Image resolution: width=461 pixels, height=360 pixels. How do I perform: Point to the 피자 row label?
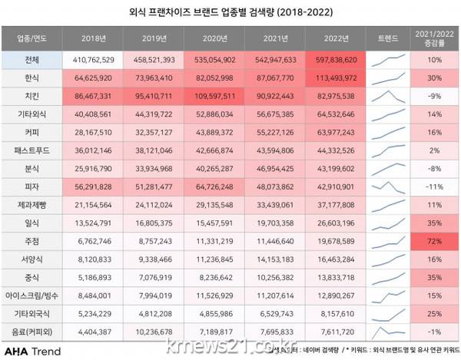[x=30, y=186]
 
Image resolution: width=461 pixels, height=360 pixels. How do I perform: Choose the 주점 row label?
[x=30, y=240]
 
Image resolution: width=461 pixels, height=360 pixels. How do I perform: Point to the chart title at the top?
[x=230, y=12]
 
